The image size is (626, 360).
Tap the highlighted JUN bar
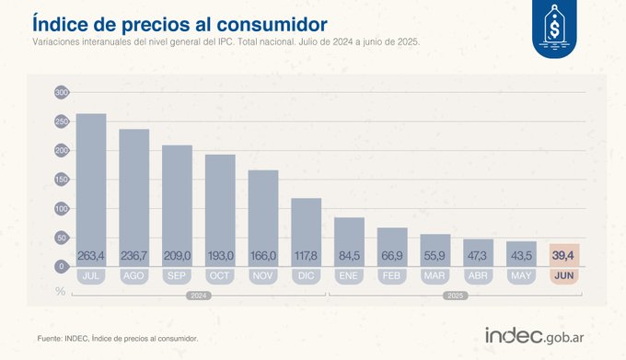pyautogui.click(x=565, y=255)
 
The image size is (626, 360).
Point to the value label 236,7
pyautogui.click(x=134, y=255)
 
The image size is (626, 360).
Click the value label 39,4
pyautogui.click(x=565, y=255)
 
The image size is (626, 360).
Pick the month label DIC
pyautogui.click(x=307, y=275)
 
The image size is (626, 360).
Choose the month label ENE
pyautogui.click(x=349, y=275)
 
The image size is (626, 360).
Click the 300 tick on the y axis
pyautogui.click(x=62, y=93)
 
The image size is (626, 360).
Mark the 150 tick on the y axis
pyautogui.click(x=62, y=180)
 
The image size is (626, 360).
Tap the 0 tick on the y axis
pyautogui.click(x=62, y=266)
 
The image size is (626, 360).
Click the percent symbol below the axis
pyautogui.click(x=61, y=291)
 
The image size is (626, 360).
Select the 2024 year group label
pyautogui.click(x=198, y=296)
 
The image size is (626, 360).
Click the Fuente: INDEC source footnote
pyautogui.click(x=118, y=338)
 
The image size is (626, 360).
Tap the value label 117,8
pyautogui.click(x=307, y=255)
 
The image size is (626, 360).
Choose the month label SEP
pyautogui.click(x=177, y=275)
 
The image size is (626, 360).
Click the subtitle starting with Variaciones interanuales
pyautogui.click(x=226, y=42)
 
